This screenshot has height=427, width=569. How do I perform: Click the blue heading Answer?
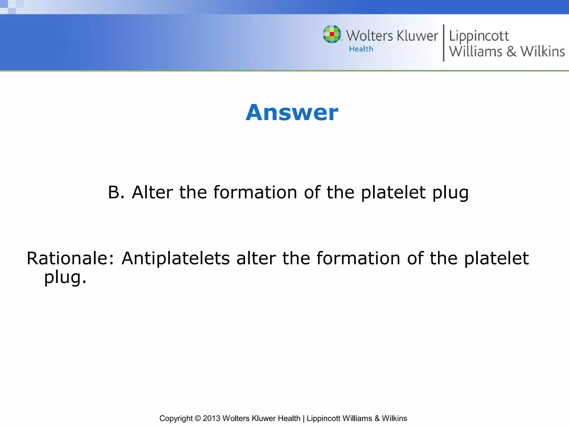click(292, 113)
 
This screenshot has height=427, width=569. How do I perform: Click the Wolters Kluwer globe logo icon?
click(332, 34)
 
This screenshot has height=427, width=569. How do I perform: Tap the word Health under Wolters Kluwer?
click(361, 49)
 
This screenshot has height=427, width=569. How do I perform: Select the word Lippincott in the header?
click(479, 36)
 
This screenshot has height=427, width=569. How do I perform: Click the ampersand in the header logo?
click(511, 52)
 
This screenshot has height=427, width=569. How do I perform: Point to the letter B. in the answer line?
click(116, 192)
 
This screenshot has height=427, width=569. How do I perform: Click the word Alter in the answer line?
click(152, 192)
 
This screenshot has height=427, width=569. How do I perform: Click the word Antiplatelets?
click(176, 258)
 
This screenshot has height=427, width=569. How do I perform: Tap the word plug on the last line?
click(65, 277)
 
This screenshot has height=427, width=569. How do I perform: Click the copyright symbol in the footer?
click(198, 418)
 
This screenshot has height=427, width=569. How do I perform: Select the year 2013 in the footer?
click(211, 418)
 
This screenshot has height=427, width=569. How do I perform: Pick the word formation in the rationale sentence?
click(358, 258)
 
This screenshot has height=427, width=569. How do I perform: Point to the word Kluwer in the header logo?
click(417, 36)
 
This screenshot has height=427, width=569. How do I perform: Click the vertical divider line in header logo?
click(443, 43)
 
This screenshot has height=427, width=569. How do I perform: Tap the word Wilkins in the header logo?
click(542, 52)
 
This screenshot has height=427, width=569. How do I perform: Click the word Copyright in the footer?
click(176, 418)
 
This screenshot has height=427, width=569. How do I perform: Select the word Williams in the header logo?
click(476, 52)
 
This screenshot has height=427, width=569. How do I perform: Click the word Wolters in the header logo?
click(370, 36)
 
